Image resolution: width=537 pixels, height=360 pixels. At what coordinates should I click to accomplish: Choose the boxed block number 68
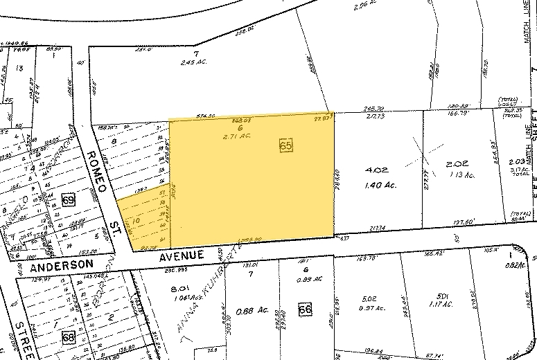tap(68, 338)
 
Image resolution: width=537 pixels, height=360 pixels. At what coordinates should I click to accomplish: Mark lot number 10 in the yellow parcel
tap(136, 221)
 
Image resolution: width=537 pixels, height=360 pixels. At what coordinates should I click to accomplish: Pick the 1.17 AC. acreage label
tap(440, 303)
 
